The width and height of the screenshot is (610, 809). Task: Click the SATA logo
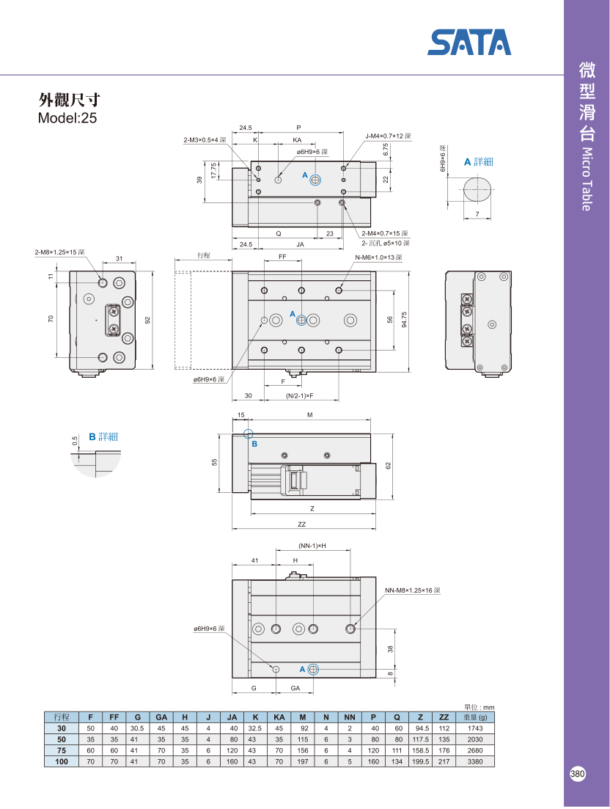coord(469,42)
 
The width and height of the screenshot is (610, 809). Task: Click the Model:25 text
coord(67,117)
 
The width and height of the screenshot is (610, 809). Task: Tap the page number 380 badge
coord(578,775)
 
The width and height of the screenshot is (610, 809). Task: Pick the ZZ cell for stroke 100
coord(444,762)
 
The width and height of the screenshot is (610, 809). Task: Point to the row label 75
coord(62,751)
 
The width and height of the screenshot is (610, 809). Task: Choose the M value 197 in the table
coord(302,762)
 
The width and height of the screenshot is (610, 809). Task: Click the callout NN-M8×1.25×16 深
coord(412,590)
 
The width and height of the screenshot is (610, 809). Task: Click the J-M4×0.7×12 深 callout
coord(388,136)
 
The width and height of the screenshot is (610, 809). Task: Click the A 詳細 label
coord(478,161)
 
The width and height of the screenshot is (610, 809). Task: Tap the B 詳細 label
coord(103,436)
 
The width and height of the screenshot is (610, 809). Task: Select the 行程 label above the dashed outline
coord(204,256)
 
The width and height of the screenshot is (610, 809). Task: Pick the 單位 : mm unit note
coord(479,707)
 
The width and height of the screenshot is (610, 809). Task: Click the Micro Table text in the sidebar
coord(586,179)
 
